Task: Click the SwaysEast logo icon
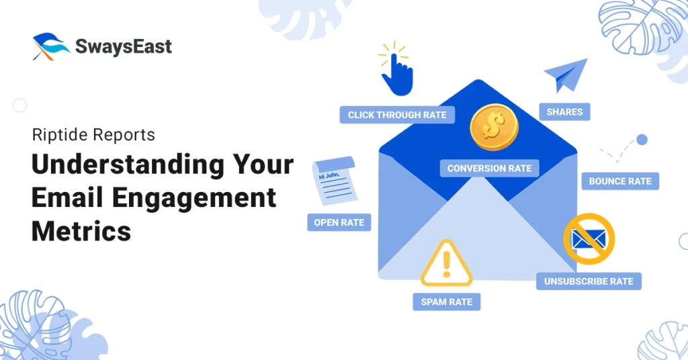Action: point(50,46)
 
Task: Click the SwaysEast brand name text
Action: point(124,46)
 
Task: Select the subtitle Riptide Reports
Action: point(93,134)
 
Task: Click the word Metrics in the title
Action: point(81,230)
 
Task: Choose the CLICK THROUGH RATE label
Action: point(397,115)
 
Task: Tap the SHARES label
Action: point(564,111)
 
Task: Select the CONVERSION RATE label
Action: point(489,169)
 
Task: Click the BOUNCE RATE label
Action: point(620,181)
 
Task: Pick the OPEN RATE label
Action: point(339,222)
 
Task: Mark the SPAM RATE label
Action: point(446,302)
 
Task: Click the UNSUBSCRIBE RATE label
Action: point(589,281)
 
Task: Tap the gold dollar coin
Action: point(494,127)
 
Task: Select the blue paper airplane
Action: point(565,75)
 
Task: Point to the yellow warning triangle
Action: point(446,263)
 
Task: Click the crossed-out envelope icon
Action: point(589,239)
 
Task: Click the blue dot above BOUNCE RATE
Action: point(642,140)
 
